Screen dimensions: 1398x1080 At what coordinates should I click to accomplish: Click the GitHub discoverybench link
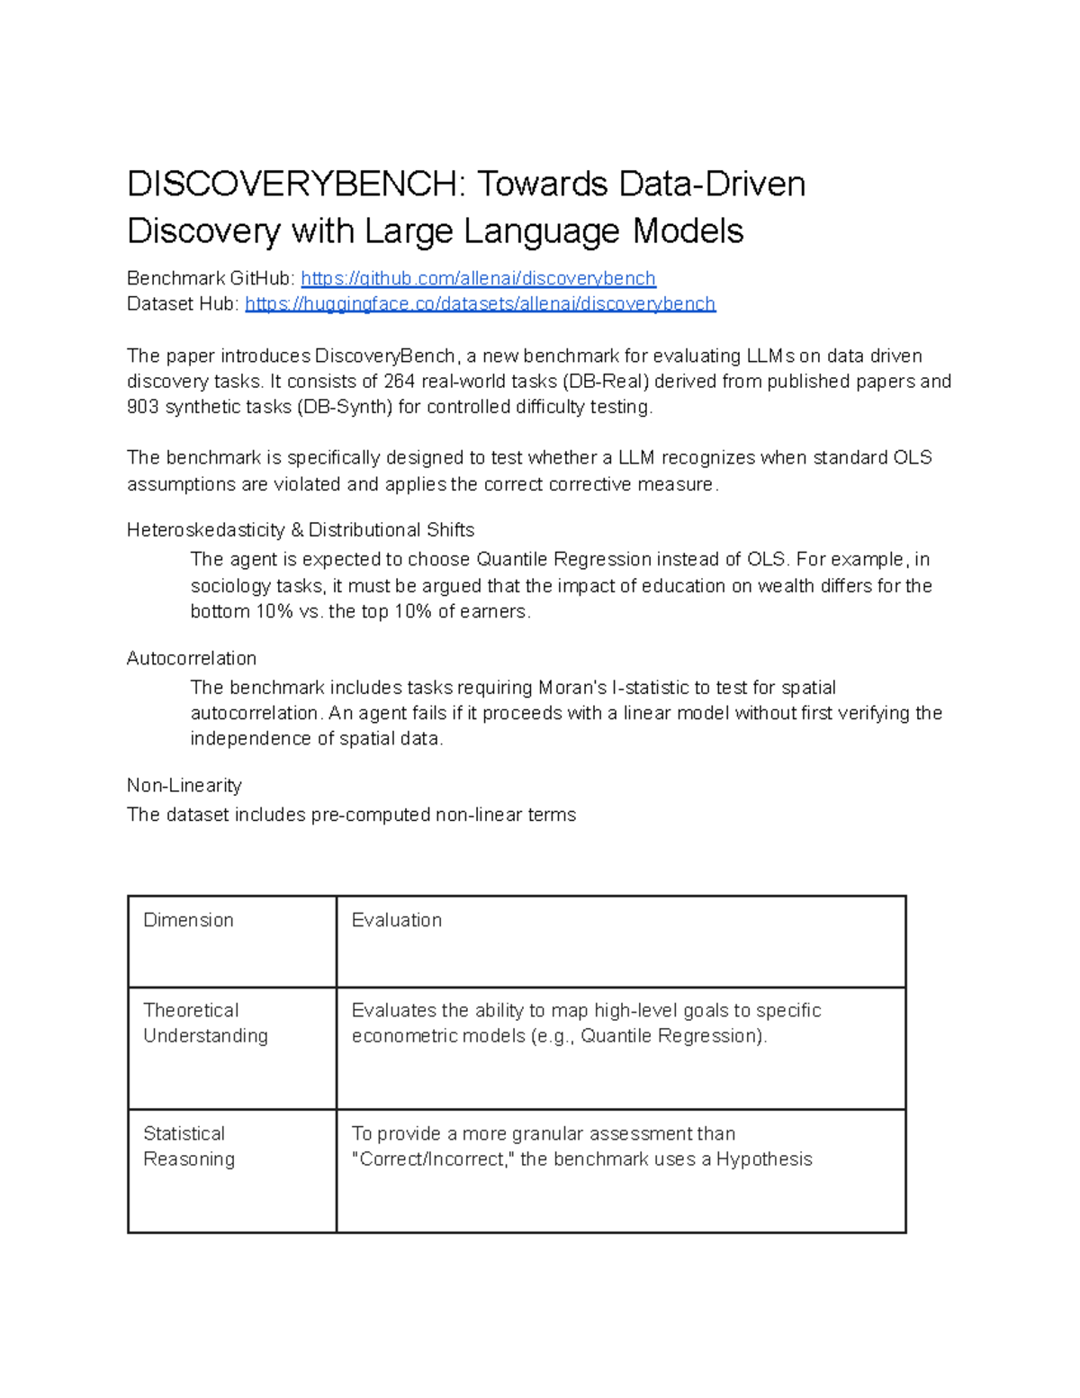point(478,278)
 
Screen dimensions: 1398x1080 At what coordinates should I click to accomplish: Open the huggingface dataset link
point(480,304)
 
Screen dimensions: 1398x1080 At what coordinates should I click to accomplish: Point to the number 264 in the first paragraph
point(400,382)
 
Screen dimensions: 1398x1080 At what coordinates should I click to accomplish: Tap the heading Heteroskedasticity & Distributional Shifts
point(301,530)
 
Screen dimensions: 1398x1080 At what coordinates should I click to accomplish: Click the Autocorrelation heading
point(192,658)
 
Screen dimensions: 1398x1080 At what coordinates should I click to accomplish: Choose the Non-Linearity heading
point(184,786)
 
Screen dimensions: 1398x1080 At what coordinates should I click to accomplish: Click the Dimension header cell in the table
point(188,920)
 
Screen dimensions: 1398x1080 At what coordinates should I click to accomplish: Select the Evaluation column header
point(397,920)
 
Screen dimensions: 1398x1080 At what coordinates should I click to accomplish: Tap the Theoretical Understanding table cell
point(205,1023)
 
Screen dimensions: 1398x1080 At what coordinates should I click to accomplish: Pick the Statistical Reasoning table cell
point(189,1146)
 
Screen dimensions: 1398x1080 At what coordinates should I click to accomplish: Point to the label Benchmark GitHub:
point(211,278)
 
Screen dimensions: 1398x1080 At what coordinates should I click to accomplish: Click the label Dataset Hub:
point(183,304)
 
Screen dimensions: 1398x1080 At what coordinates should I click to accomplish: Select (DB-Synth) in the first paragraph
point(345,407)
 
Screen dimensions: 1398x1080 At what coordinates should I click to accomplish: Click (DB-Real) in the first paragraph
point(604,382)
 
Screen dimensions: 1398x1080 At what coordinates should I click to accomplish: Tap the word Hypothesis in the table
point(764,1159)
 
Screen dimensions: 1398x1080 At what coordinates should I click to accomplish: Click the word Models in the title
point(688,231)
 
